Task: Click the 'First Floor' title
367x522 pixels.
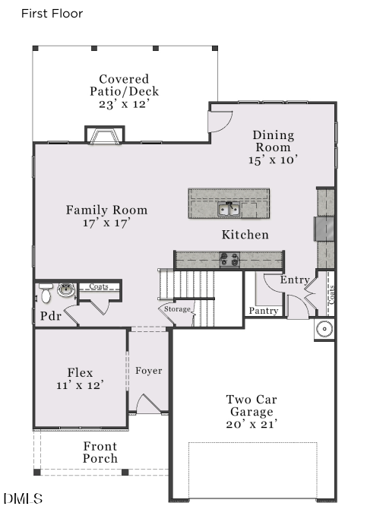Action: point(52,14)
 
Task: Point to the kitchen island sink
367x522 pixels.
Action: point(229,209)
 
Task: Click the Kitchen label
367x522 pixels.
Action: point(245,235)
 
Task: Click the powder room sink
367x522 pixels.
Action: point(66,289)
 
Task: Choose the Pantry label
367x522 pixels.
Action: point(264,311)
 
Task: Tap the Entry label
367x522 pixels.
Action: point(295,280)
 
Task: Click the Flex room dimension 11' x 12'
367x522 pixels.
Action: point(80,385)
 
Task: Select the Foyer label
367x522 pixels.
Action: point(149,371)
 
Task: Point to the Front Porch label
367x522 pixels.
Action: point(100,452)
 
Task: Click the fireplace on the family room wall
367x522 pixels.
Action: point(104,136)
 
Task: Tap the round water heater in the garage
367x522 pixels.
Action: point(324,330)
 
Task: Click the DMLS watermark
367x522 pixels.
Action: point(23,498)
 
